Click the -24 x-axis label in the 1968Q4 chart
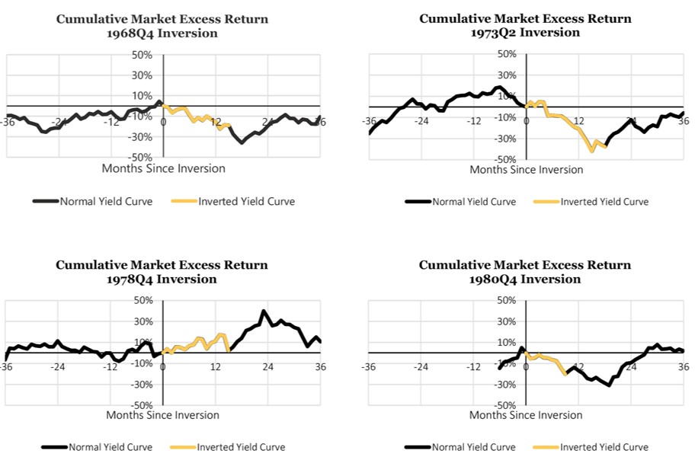tap(59, 122)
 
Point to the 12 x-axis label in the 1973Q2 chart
tap(578, 122)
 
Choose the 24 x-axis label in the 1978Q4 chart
tap(267, 367)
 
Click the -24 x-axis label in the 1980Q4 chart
tap(421, 367)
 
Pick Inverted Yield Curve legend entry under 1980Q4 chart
tap(604, 447)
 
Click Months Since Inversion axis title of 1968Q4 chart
tap(164, 168)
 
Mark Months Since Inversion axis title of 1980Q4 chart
tap(526, 415)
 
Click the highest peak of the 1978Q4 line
tap(263, 311)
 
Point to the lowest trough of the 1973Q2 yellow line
tap(592, 151)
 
